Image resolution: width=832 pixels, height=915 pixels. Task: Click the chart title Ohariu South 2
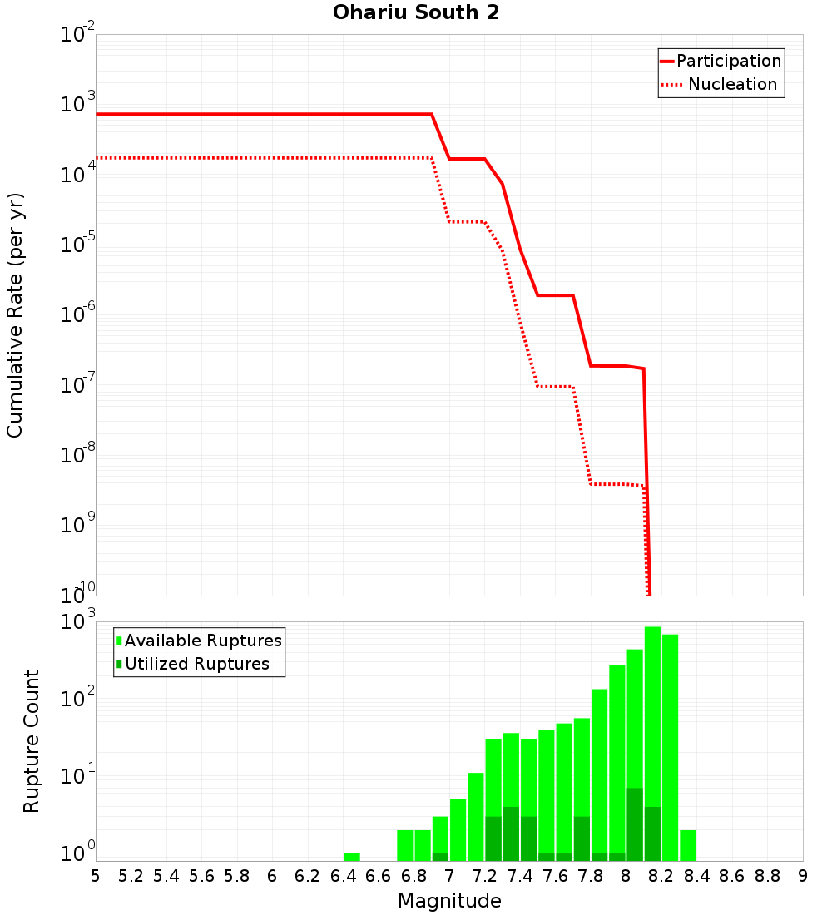click(416, 13)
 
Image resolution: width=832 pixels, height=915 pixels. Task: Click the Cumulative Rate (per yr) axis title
click(15, 315)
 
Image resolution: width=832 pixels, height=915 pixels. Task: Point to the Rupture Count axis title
click(32, 741)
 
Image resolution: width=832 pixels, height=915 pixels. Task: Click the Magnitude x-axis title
click(449, 901)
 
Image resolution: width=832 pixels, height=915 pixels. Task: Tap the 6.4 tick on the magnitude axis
click(343, 876)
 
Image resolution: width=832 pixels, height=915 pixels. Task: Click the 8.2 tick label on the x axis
click(661, 876)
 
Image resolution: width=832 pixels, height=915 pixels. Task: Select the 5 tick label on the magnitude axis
click(96, 876)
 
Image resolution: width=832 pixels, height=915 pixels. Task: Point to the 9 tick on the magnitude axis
click(803, 876)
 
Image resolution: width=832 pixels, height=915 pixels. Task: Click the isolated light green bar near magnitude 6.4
click(352, 857)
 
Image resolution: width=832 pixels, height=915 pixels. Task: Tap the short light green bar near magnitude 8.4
click(688, 845)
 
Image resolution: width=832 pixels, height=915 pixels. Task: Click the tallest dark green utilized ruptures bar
click(635, 823)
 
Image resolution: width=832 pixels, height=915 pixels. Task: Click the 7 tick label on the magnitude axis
click(449, 876)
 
